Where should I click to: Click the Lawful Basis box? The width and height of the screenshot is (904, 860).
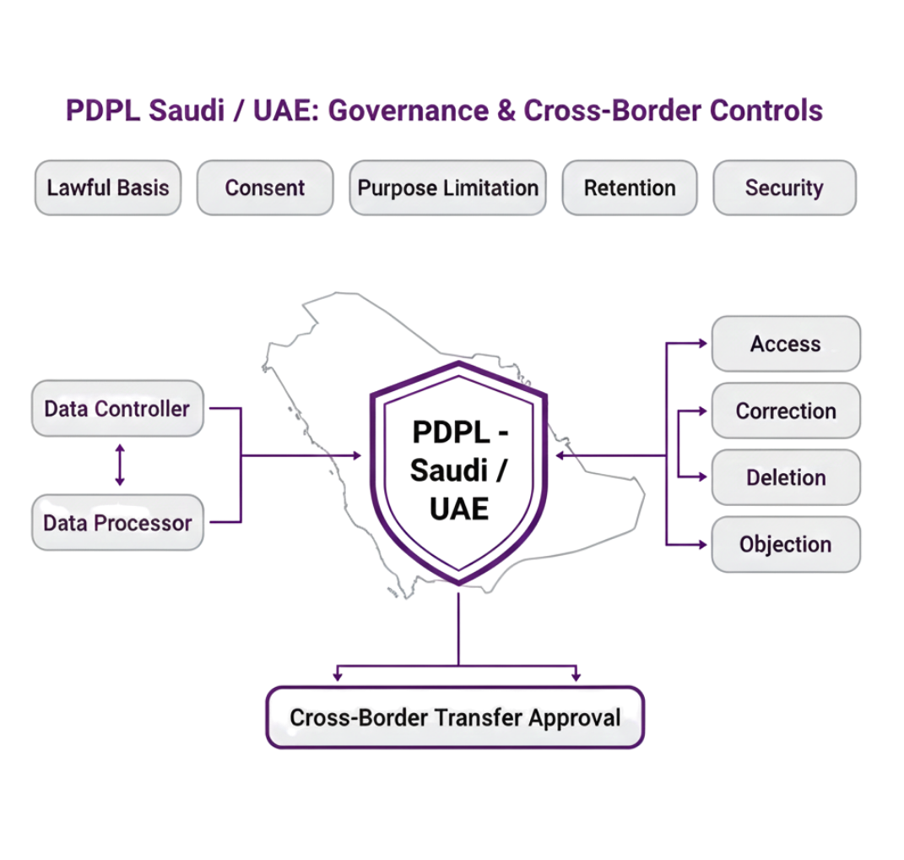coord(107,187)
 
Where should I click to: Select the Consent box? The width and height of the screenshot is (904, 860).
coord(264,187)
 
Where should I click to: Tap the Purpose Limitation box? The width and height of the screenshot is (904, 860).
coord(447,187)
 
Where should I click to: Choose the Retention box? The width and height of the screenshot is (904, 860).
coord(630,187)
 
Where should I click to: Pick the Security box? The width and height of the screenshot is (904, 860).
coord(784,187)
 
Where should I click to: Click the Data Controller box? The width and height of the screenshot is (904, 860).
coord(117,409)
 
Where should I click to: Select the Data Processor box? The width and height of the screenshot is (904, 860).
coord(117,523)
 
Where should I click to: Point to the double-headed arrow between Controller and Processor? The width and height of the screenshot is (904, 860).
coord(120,465)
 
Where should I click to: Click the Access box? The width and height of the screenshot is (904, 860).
coord(786,343)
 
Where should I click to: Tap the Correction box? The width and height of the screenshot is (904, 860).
coord(786,411)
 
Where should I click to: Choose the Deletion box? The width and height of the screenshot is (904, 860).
coord(786,477)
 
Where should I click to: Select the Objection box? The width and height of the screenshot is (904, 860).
coord(786,545)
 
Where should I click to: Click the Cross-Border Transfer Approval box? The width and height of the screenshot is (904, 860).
coord(456,717)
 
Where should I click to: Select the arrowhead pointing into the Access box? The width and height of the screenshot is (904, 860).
coord(704,343)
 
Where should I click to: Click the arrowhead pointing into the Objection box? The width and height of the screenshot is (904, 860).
coord(704,545)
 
